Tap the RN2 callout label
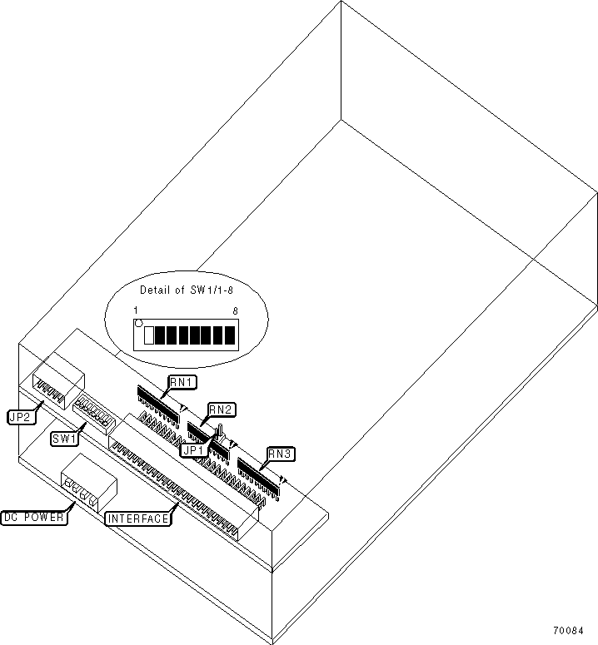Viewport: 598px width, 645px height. (222, 409)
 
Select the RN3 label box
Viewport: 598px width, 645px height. (279, 454)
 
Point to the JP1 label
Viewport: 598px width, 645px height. (192, 448)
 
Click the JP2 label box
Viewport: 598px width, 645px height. (20, 418)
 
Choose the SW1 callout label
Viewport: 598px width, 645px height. (64, 439)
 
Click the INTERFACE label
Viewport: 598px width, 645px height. (138, 519)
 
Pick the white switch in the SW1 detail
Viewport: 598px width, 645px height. (150, 335)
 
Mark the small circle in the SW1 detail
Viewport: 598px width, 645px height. (138, 322)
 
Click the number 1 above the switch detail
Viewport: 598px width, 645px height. (136, 310)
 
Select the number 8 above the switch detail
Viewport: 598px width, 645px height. (237, 310)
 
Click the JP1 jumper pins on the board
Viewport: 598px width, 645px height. (221, 433)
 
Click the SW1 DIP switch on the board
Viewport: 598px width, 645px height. (93, 411)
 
